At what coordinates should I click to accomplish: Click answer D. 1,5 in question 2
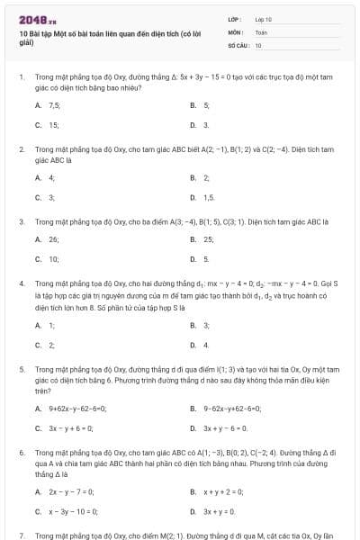click(208, 197)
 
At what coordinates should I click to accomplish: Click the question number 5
click(22, 369)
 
